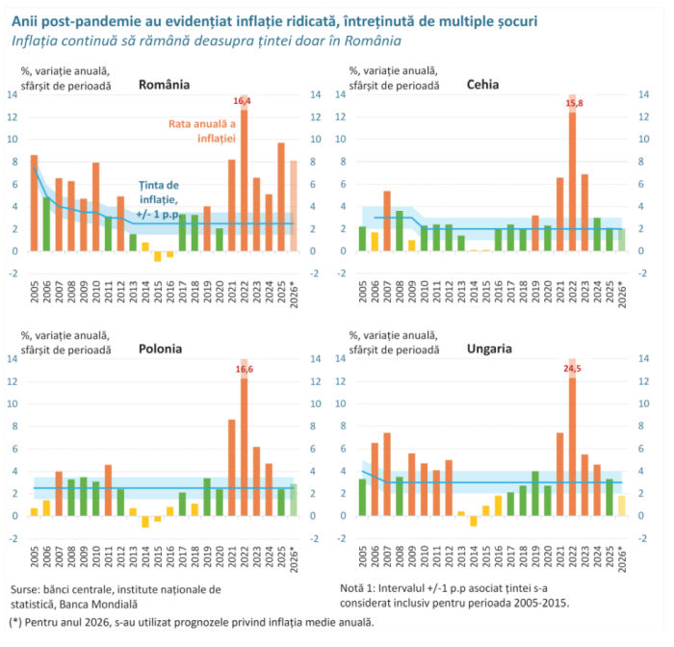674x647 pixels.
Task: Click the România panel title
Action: pyautogui.click(x=164, y=85)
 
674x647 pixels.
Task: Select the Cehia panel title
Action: pyautogui.click(x=482, y=85)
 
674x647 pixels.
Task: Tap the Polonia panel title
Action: pyautogui.click(x=160, y=349)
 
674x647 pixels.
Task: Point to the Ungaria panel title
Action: pyautogui.click(x=489, y=349)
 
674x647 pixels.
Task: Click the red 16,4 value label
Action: pyautogui.click(x=242, y=101)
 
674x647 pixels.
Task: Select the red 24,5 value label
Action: pyautogui.click(x=572, y=369)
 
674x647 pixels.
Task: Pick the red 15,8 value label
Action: pyautogui.click(x=574, y=103)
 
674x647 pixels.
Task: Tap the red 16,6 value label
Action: pyautogui.click(x=245, y=370)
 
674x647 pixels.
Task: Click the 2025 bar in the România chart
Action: pyautogui.click(x=281, y=197)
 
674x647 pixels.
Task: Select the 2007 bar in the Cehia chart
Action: pyautogui.click(x=387, y=221)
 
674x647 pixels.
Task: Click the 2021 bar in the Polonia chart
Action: pyautogui.click(x=232, y=468)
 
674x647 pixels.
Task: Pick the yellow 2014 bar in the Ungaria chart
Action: pyautogui.click(x=474, y=521)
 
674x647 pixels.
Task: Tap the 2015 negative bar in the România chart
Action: pyautogui.click(x=158, y=256)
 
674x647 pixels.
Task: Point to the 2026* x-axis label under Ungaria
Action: pyautogui.click(x=622, y=559)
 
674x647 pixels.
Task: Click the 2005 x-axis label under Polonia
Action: pyautogui.click(x=35, y=556)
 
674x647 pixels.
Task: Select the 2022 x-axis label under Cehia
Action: pyautogui.click(x=572, y=292)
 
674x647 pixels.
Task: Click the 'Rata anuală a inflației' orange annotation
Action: pyautogui.click(x=202, y=131)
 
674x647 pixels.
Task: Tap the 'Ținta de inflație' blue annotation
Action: pyautogui.click(x=158, y=199)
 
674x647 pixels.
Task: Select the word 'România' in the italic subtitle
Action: pyautogui.click(x=373, y=40)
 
